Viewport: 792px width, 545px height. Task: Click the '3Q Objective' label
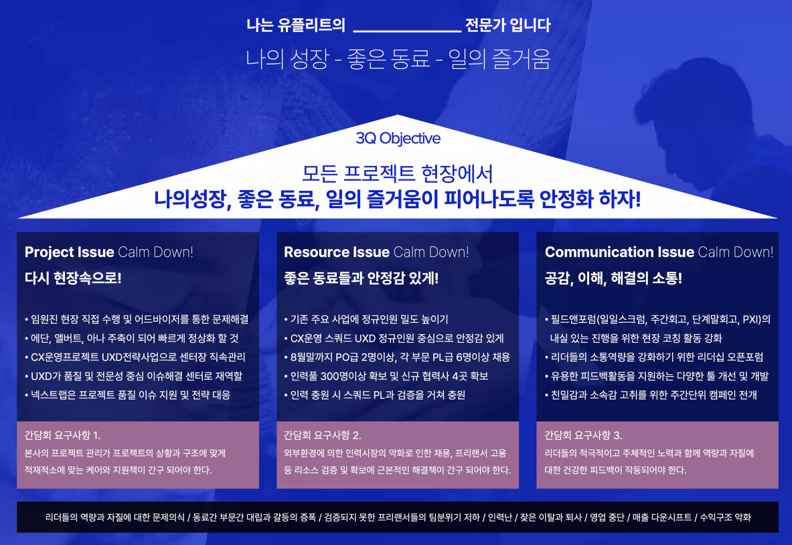(398, 139)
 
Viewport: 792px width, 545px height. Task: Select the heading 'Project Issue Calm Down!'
(108, 252)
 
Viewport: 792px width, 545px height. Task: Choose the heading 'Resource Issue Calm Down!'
(376, 252)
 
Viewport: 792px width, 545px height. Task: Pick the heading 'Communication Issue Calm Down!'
(659, 252)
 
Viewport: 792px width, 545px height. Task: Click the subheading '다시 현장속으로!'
(73, 278)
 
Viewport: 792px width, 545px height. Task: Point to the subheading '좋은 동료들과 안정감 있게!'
(361, 278)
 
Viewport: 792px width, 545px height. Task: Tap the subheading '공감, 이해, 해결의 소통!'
(613, 278)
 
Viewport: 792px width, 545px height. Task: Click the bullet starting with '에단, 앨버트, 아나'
(131, 338)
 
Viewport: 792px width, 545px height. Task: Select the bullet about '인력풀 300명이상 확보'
(386, 376)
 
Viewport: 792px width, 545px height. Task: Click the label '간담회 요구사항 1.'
(62, 435)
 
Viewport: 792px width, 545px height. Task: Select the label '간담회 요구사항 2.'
(323, 435)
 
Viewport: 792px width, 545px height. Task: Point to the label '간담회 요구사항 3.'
(583, 435)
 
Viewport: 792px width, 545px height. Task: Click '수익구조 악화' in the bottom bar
(726, 518)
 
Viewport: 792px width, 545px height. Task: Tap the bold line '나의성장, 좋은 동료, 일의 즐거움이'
(397, 199)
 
